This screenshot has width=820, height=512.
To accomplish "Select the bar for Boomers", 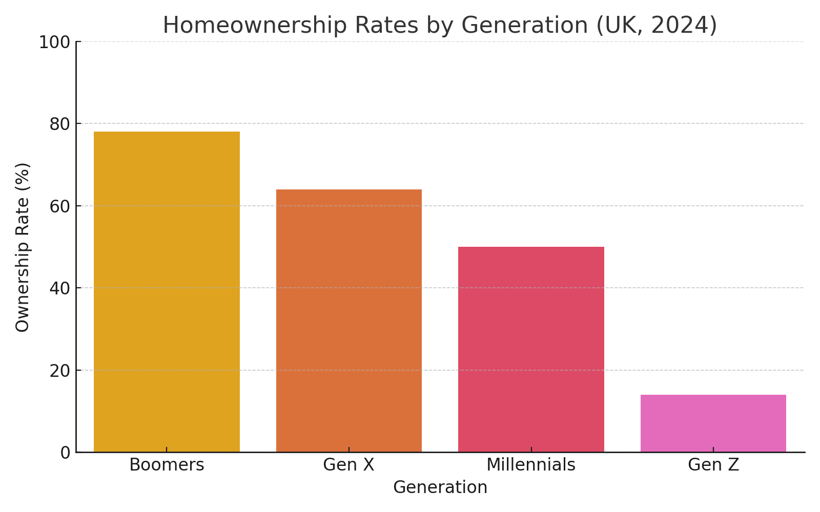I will click(167, 292).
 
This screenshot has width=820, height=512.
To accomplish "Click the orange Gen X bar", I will click(349, 321).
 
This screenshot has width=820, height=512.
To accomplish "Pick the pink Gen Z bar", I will click(713, 423).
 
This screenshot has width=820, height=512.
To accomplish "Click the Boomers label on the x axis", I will click(167, 465).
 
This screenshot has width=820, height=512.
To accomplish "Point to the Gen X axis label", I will click(349, 465).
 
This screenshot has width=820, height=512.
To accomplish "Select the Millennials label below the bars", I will click(531, 465).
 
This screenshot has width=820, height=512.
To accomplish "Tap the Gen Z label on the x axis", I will click(713, 465).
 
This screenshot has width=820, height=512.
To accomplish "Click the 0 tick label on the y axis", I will click(65, 453).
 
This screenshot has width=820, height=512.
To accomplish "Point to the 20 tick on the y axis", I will click(60, 370).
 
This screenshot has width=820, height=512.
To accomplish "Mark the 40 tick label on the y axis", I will click(60, 288).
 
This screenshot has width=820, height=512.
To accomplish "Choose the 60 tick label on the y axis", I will click(60, 206).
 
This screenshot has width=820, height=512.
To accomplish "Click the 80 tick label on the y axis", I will click(60, 124).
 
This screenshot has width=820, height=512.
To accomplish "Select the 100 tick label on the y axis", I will click(55, 42).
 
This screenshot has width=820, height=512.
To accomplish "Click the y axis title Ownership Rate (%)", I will click(23, 247).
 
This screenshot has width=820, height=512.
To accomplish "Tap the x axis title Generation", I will click(440, 487).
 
